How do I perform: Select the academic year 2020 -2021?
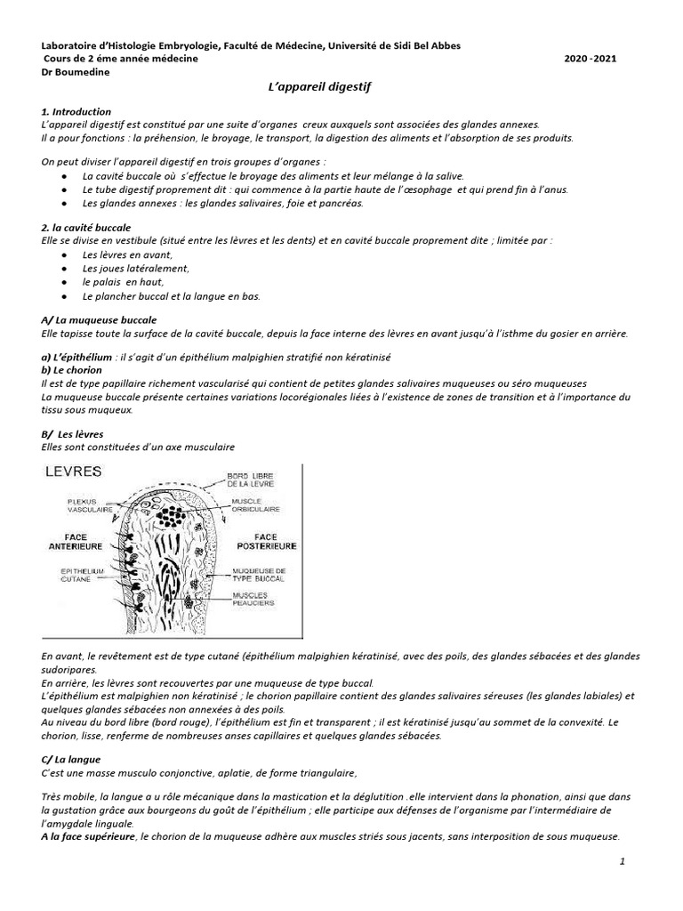[x=591, y=59]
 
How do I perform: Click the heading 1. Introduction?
[x=76, y=112]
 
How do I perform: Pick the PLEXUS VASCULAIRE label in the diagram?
[x=71, y=505]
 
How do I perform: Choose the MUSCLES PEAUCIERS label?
[x=255, y=599]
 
